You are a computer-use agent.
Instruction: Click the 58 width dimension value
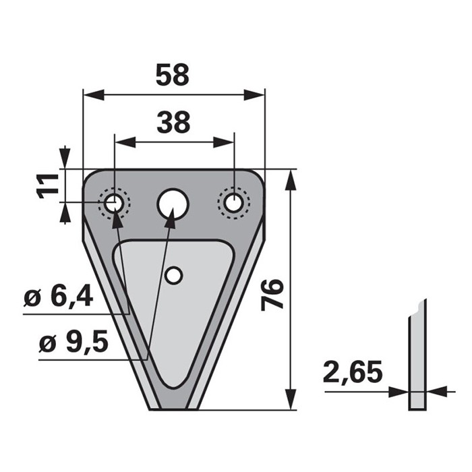[x=173, y=75]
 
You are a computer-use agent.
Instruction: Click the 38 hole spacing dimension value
[x=173, y=123]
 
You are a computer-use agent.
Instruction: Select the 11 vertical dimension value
[x=47, y=184]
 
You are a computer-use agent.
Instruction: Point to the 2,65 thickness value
[x=353, y=372]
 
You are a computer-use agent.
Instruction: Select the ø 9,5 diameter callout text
[x=73, y=343]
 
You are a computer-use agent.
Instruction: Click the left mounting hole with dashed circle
[x=113, y=202]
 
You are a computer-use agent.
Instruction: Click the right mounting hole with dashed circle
[x=233, y=202]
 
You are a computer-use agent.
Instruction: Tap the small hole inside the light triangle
[x=174, y=275]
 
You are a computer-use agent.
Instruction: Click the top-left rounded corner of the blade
[x=90, y=177]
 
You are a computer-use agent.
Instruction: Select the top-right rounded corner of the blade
[x=257, y=177]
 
